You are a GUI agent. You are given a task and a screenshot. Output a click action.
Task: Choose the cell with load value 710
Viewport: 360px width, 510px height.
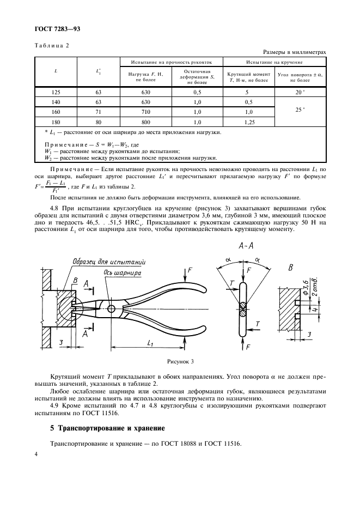(145, 112)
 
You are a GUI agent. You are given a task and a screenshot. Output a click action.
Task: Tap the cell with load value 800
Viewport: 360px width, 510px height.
(145, 122)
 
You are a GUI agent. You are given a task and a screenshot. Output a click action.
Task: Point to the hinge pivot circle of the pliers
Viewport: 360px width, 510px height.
(111, 309)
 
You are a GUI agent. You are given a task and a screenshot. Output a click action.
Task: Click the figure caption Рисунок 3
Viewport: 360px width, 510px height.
(179, 361)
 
